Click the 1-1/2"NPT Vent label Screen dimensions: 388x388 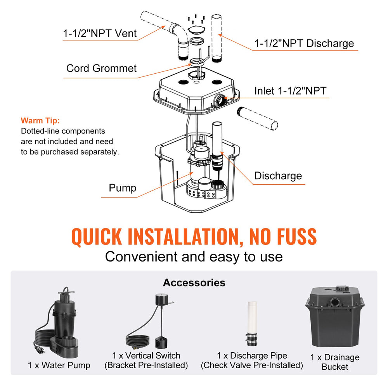[x=100, y=33]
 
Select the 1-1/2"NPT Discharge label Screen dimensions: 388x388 [x=304, y=43]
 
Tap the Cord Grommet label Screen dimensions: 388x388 [x=101, y=68]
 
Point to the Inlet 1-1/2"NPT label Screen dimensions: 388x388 [x=290, y=91]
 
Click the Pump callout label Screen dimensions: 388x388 [x=122, y=188]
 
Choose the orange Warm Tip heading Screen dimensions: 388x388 [x=40, y=121]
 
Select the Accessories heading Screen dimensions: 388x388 [x=194, y=282]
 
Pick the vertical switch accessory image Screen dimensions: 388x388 [x=151, y=324]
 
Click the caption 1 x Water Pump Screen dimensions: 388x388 [x=59, y=365]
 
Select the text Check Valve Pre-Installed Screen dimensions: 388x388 [x=252, y=365]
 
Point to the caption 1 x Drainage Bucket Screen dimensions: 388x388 [x=335, y=362]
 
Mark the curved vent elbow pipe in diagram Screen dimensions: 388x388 [x=181, y=37]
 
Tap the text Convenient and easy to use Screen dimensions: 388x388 [x=194, y=256]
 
